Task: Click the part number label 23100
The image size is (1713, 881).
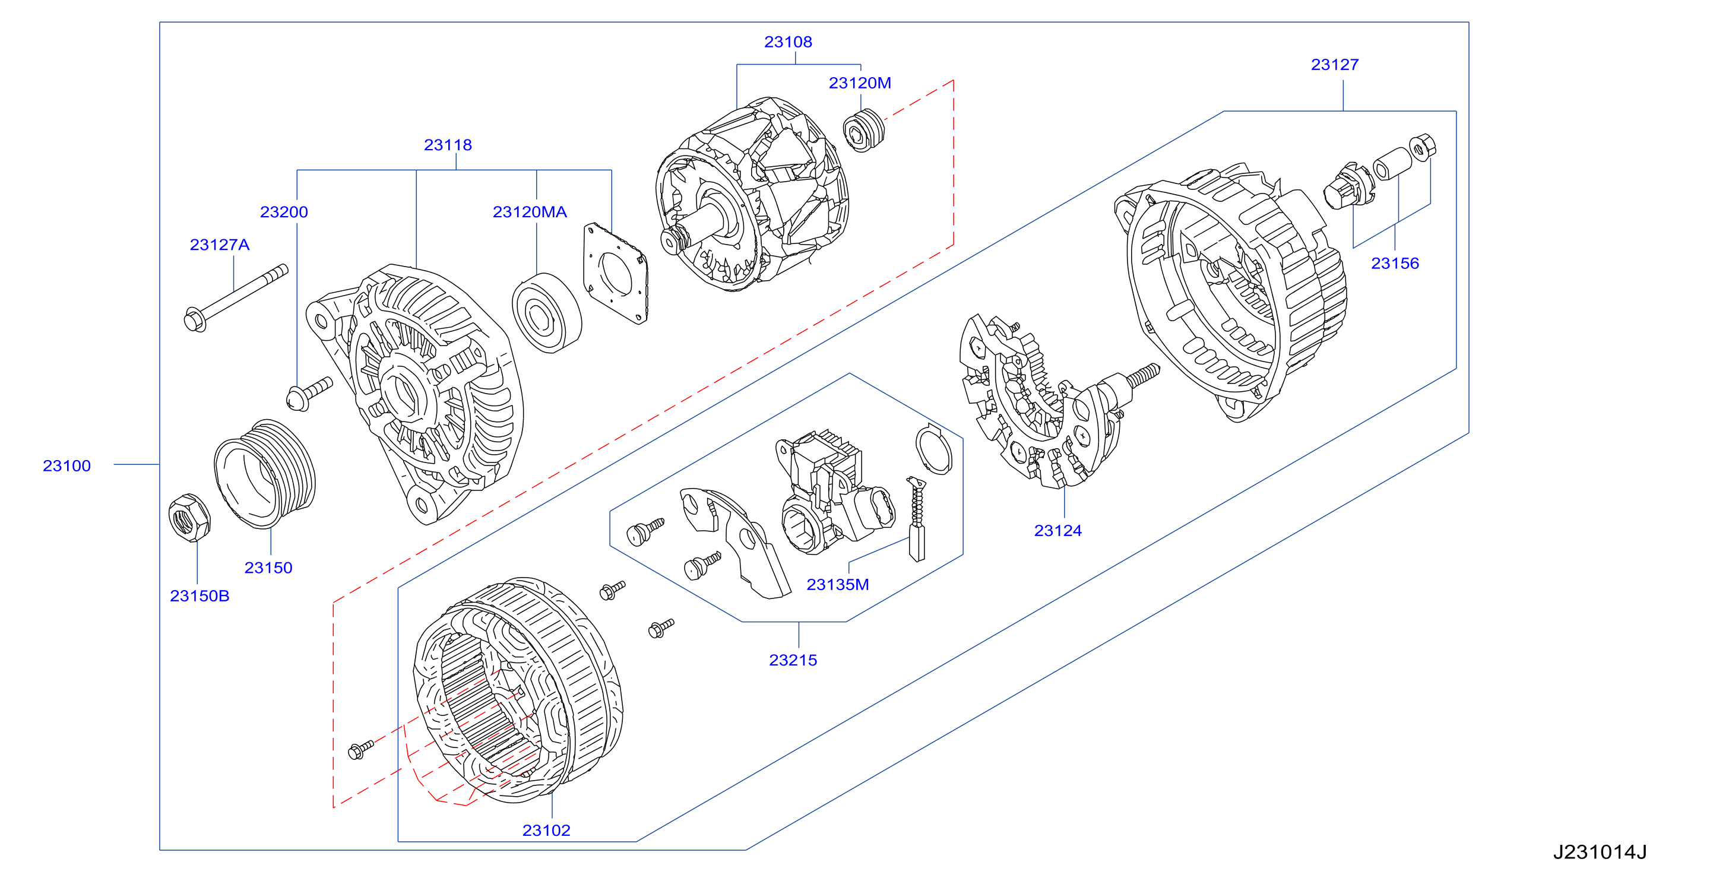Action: (67, 465)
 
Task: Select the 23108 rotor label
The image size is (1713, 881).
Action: (788, 42)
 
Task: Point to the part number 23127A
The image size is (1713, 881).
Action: (220, 245)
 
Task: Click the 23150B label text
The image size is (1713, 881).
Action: (200, 596)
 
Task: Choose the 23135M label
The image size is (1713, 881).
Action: (837, 584)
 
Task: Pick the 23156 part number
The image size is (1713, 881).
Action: (1395, 264)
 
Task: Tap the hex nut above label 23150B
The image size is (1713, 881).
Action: (189, 517)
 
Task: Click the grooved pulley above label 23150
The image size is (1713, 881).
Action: (265, 473)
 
